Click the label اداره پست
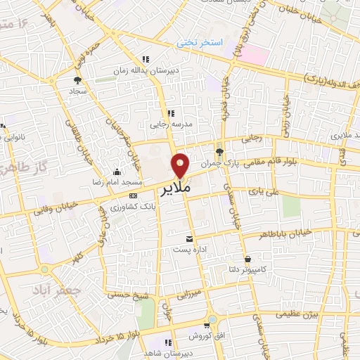point(188,250)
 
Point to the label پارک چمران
point(217,163)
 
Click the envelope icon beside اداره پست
point(188,238)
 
